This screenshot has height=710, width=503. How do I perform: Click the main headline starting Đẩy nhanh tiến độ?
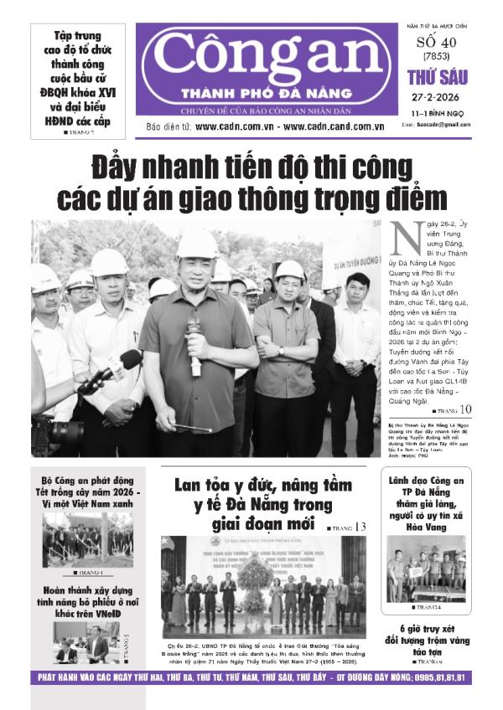pos(251,179)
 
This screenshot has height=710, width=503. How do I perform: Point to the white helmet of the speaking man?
pos(197,244)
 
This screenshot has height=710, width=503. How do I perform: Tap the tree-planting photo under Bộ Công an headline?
pos(87,539)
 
